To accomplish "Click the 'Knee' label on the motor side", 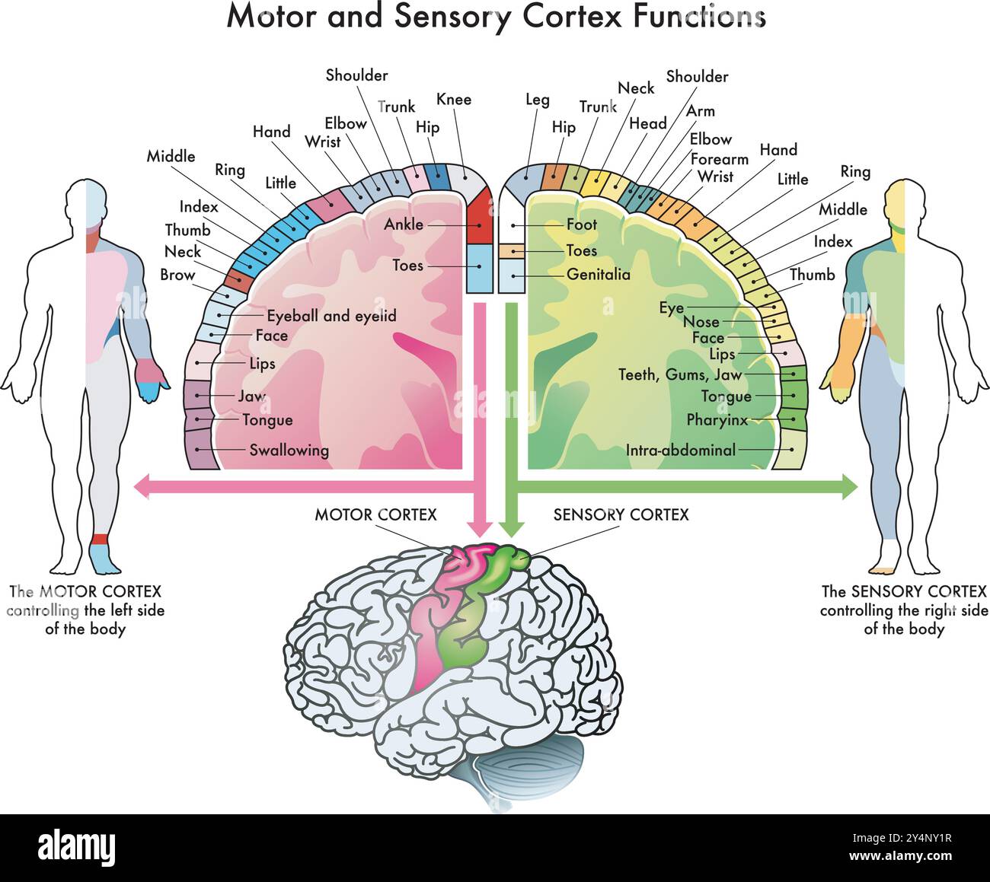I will click(454, 100).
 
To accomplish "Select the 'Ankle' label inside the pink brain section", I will click(404, 224).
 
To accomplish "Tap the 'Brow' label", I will click(177, 275).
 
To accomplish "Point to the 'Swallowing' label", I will click(289, 450).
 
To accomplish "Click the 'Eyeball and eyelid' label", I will click(331, 316).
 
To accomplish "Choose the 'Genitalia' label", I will click(599, 274).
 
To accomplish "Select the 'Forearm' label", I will click(720, 159).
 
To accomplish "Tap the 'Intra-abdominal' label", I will click(681, 450).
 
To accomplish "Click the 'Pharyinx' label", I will click(717, 420).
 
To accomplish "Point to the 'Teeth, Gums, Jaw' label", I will click(679, 374).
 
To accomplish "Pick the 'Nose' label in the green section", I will click(701, 322).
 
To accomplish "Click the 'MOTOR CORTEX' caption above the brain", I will click(376, 515).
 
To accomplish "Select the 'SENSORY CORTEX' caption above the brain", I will click(621, 515).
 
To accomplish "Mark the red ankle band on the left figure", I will click(99, 540).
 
